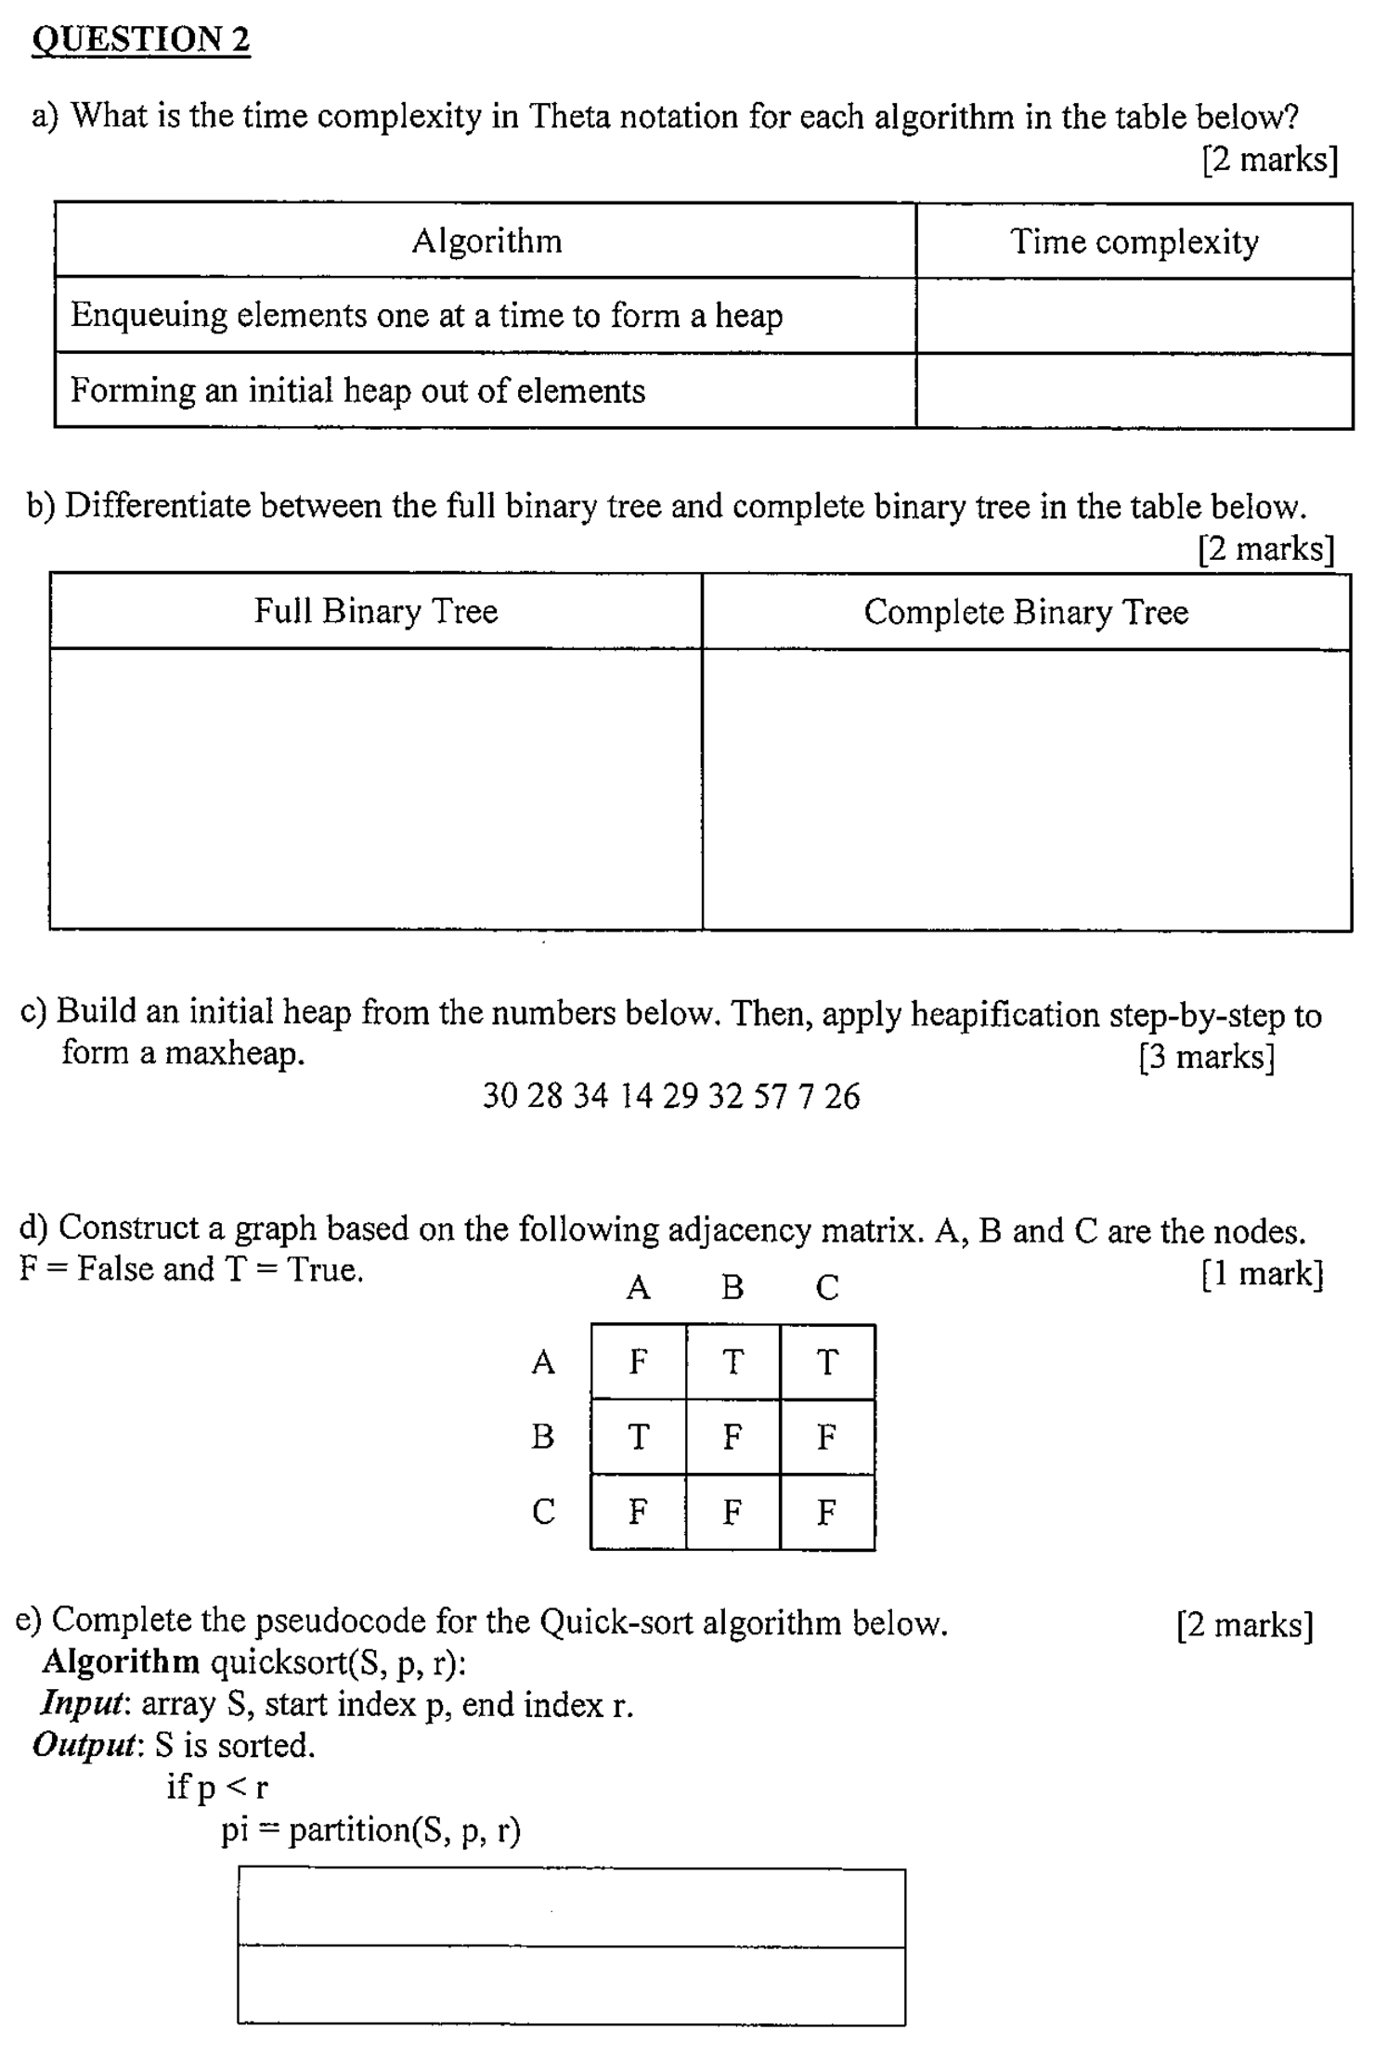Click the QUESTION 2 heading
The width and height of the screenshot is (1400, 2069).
pyautogui.click(x=141, y=40)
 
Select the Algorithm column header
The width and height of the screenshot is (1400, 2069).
pyautogui.click(x=486, y=241)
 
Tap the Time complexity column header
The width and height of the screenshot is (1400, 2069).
pyautogui.click(x=1134, y=241)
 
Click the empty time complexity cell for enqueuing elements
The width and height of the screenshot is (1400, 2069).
pyautogui.click(x=1134, y=316)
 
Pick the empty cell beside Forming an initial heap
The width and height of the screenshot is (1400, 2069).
pyautogui.click(x=1134, y=391)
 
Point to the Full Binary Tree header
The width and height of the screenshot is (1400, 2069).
pyautogui.click(x=376, y=611)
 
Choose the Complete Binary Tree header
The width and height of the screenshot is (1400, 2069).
pyautogui.click(x=1026, y=612)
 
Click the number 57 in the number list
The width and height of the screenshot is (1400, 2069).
pyautogui.click(x=770, y=1096)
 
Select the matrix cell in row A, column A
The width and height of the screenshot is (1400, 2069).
pyautogui.click(x=638, y=1361)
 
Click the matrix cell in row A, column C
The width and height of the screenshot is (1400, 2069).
pyautogui.click(x=827, y=1361)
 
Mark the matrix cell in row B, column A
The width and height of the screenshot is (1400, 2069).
pyautogui.click(x=638, y=1437)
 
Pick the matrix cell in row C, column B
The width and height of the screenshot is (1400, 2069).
pyautogui.click(x=732, y=1512)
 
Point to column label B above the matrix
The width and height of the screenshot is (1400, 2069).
pyautogui.click(x=732, y=1287)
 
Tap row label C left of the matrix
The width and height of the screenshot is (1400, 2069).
pyautogui.click(x=543, y=1512)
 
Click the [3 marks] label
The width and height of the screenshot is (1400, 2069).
pyautogui.click(x=1207, y=1057)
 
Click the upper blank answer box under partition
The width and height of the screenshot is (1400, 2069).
pyautogui.click(x=571, y=1907)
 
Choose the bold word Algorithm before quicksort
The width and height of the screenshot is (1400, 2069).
pyautogui.click(x=121, y=1661)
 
